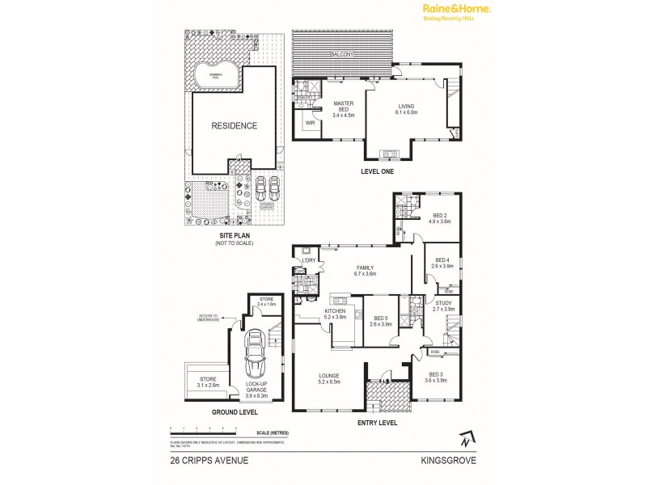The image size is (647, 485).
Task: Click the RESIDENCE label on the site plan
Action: tap(235, 126)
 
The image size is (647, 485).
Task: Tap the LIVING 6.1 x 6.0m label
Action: tap(406, 109)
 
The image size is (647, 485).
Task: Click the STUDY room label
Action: tap(444, 306)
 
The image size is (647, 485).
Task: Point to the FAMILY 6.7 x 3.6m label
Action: tap(366, 270)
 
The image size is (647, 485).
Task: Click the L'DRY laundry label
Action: tap(307, 259)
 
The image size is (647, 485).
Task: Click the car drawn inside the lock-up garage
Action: tap(256, 352)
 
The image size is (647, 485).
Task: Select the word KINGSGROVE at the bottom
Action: tap(447, 462)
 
